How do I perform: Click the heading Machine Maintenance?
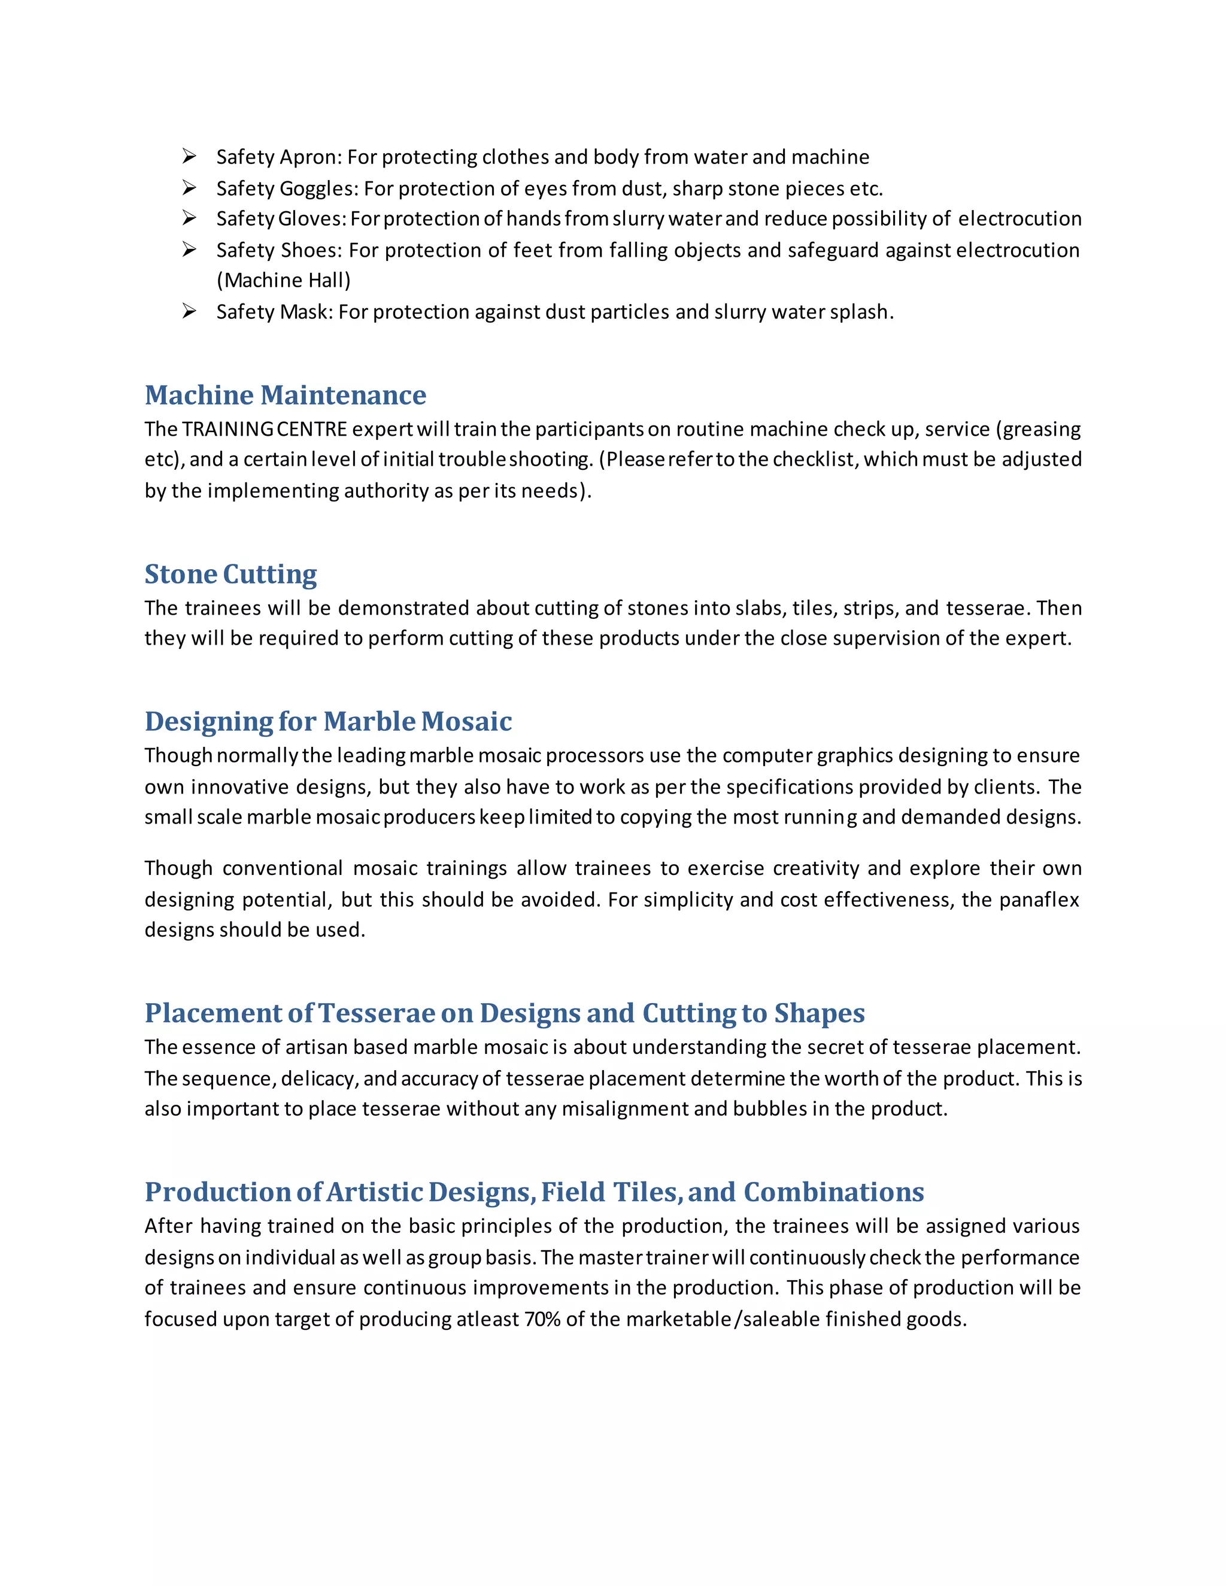[x=285, y=395]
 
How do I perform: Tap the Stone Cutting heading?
[x=230, y=574]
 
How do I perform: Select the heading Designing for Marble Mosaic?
[x=327, y=721]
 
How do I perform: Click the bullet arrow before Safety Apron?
[x=190, y=156]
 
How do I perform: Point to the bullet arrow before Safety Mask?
[x=190, y=312]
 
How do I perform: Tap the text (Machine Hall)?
[x=284, y=280]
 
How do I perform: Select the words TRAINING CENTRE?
[x=265, y=429]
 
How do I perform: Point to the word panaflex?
[x=1039, y=900]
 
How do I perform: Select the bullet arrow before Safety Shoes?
[x=190, y=250]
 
